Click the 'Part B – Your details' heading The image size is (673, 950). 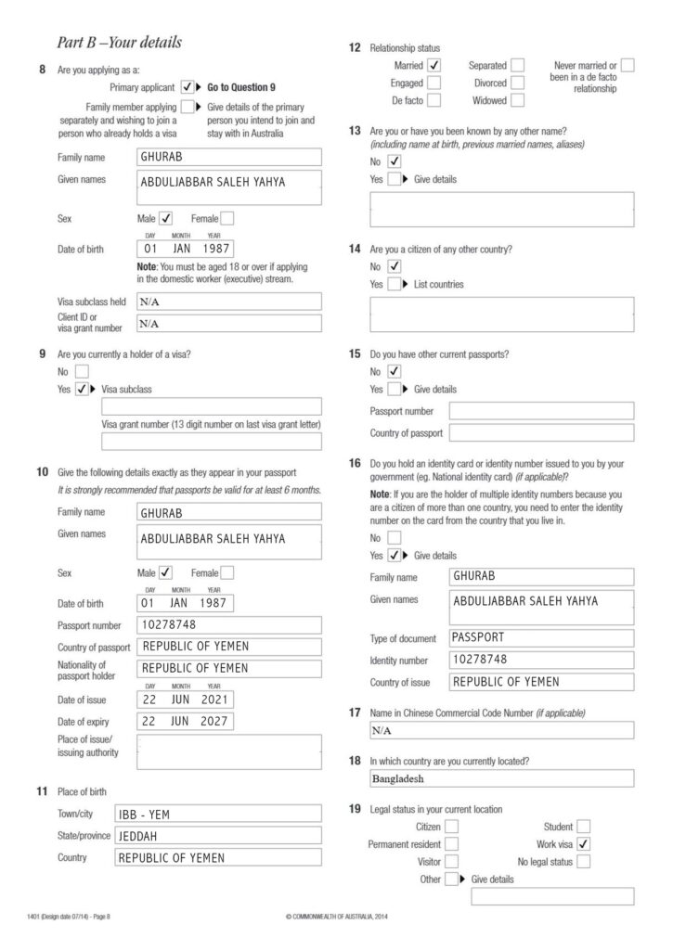(x=119, y=43)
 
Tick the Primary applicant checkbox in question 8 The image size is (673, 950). (x=188, y=86)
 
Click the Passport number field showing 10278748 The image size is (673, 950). (x=228, y=625)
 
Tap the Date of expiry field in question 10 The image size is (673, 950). (x=185, y=721)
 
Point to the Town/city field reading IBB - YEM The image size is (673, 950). (x=217, y=814)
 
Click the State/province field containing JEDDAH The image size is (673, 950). (x=217, y=836)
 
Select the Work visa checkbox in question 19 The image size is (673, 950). (x=583, y=844)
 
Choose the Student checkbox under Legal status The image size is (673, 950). (x=583, y=826)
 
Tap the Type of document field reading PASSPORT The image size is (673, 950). (x=541, y=638)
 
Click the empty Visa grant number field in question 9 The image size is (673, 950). (x=212, y=442)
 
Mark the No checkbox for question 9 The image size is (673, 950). (x=83, y=371)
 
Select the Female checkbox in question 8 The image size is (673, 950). (x=227, y=219)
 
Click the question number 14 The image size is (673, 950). (x=355, y=250)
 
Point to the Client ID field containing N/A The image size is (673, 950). (x=228, y=324)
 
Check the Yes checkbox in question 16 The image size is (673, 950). (x=394, y=556)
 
